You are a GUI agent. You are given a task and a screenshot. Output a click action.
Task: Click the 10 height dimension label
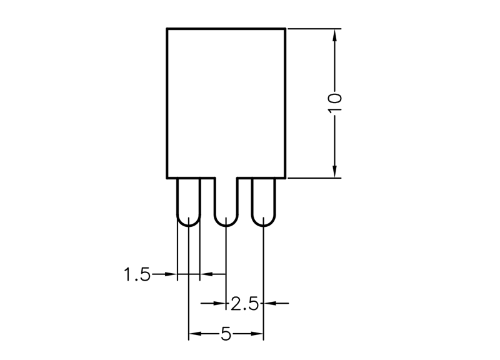334,102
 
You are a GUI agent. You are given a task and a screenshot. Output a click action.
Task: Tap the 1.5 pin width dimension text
137,274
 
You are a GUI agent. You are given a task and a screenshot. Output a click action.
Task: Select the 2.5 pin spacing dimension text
244,304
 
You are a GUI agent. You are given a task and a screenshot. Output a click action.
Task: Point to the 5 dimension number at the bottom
226,334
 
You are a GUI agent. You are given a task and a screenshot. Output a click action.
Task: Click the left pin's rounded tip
189,226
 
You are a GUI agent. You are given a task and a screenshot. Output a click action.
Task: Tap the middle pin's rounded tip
226,226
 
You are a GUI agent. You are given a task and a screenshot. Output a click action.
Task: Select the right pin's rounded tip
263,226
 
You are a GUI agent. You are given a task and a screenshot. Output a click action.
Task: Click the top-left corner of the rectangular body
167,29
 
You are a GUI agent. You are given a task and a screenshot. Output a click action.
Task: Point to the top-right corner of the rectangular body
285,29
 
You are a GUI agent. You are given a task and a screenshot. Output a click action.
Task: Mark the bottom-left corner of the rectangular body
167,178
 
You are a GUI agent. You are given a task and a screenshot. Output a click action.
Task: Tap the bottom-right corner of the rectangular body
285,178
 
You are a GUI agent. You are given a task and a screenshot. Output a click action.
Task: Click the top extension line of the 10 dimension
314,29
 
